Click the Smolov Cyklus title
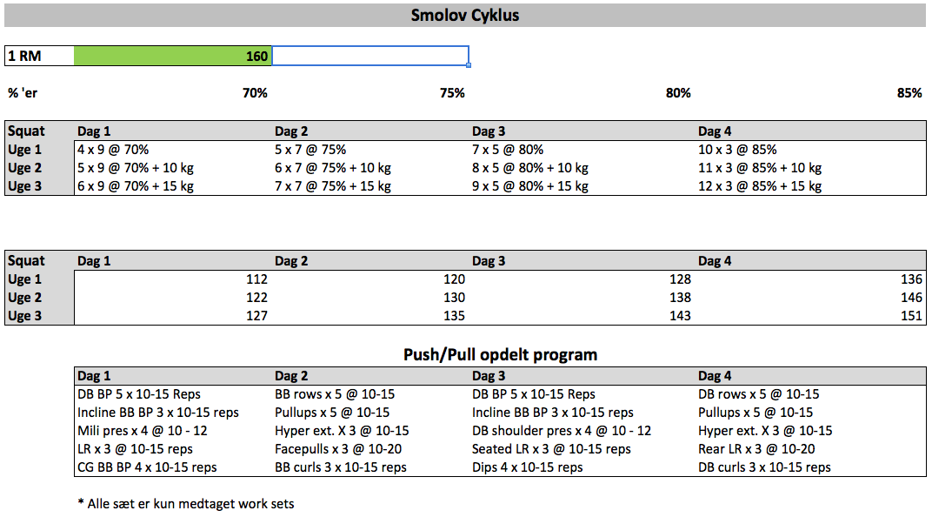pos(465,15)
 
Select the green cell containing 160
pos(172,56)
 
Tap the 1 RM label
pos(24,56)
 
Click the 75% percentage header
pos(452,93)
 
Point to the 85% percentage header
pos(909,93)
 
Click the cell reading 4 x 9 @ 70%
pos(113,150)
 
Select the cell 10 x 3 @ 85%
pos(737,150)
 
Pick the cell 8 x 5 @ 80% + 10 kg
pos(530,168)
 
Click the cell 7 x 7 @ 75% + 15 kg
pos(333,186)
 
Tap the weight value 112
pos(256,279)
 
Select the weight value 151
pos(911,316)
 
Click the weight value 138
pos(680,298)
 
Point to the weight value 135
pos(454,316)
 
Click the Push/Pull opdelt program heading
pos(501,354)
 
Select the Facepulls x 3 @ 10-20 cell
pos(338,449)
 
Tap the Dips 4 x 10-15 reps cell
pos(527,467)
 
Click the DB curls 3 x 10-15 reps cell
pos(764,467)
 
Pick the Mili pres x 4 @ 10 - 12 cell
pos(143,431)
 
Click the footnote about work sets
pos(186,504)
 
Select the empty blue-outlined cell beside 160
pos(370,56)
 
